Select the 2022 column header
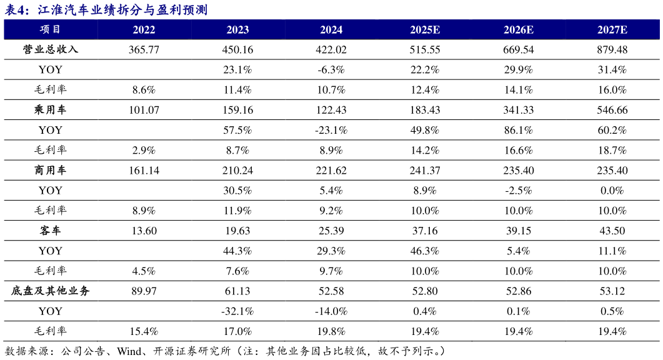(x=144, y=29)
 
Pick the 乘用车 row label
(x=51, y=110)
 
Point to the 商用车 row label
(x=51, y=170)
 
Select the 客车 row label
(x=51, y=231)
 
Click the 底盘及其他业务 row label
(x=51, y=291)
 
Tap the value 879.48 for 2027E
(x=612, y=49)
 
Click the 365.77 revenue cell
(x=144, y=49)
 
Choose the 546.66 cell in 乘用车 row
(x=612, y=110)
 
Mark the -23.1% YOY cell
(x=331, y=130)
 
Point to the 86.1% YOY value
(x=519, y=130)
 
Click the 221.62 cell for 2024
(x=331, y=170)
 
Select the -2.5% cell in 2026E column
(x=519, y=190)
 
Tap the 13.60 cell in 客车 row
(x=144, y=231)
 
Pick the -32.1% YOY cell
(x=237, y=311)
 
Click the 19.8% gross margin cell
(x=331, y=331)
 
